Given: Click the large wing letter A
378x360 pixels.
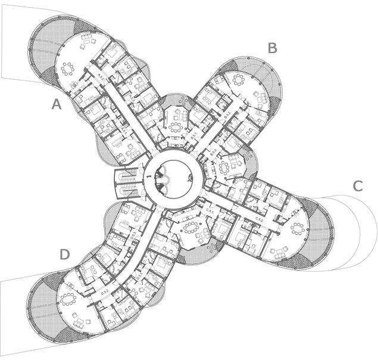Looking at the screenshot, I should (x=57, y=105).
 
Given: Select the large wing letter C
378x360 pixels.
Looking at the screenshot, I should (x=357, y=186).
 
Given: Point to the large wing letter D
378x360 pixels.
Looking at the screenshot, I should (x=65, y=255).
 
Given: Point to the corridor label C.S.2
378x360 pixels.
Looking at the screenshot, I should (x=260, y=220).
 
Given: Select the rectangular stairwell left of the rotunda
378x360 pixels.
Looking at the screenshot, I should (x=126, y=182).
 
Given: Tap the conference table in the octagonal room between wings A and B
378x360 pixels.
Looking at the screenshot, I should (x=176, y=127).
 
